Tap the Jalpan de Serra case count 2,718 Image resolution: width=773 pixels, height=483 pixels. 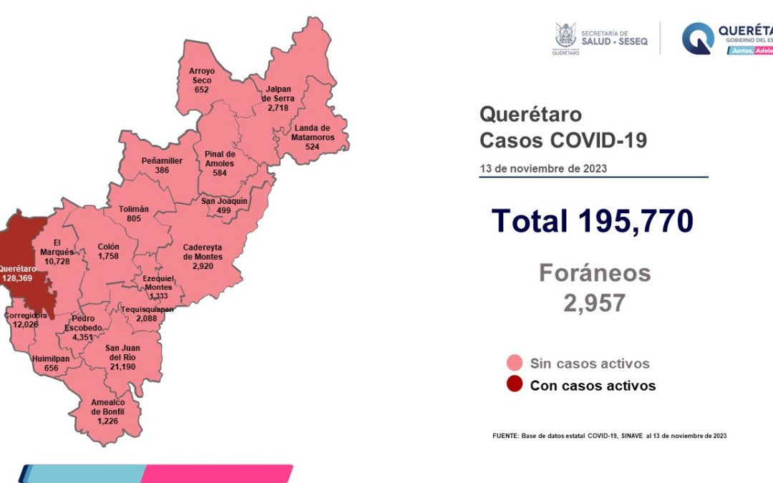[276, 107]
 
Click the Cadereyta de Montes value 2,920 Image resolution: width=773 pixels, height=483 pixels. [203, 266]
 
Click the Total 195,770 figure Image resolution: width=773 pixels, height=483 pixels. [593, 221]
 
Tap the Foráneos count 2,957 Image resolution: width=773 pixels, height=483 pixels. [594, 303]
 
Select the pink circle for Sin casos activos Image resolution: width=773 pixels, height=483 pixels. [514, 363]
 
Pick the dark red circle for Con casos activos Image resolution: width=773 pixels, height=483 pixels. [514, 385]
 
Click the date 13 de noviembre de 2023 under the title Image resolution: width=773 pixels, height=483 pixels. [543, 169]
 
